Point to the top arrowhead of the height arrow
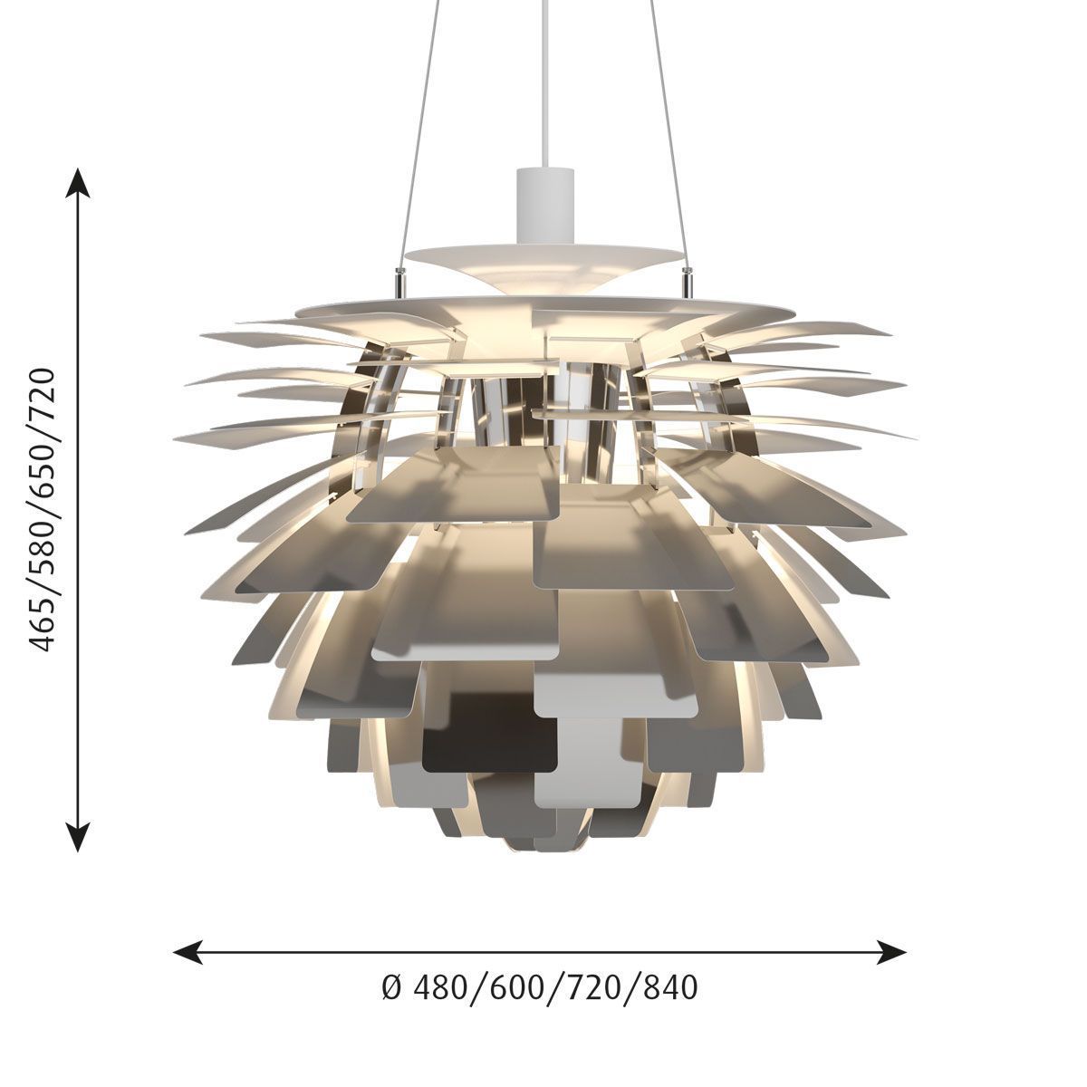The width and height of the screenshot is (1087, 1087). coord(78,182)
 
